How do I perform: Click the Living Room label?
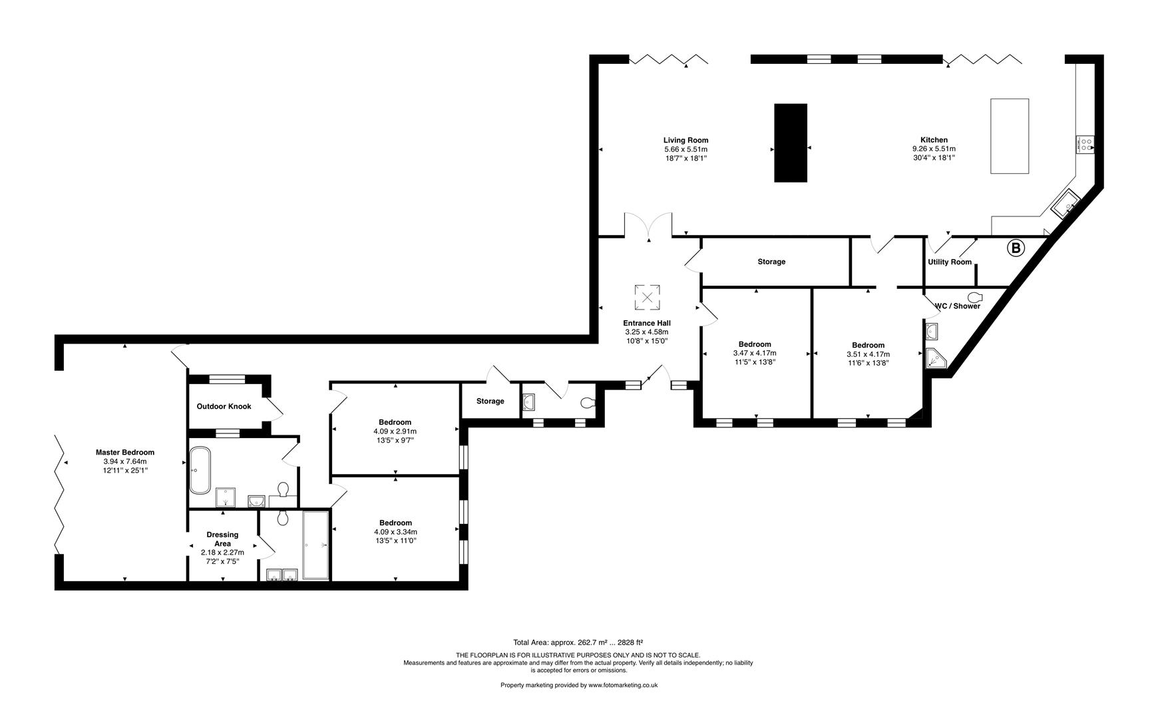tap(685, 140)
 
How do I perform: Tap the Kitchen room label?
tap(934, 140)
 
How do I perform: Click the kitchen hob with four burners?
tap(1085, 144)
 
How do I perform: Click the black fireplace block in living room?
tap(791, 142)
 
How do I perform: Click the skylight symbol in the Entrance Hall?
tap(647, 298)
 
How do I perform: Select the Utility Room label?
tap(950, 262)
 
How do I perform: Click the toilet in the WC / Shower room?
tap(976, 297)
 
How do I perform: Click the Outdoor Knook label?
tap(224, 406)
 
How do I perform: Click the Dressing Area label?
tap(222, 539)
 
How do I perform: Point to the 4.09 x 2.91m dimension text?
tap(395, 431)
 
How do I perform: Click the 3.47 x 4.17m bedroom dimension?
tap(754, 354)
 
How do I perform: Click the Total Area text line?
tap(578, 642)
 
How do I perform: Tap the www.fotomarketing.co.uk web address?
tap(622, 685)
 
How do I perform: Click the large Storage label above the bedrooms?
tap(771, 262)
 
